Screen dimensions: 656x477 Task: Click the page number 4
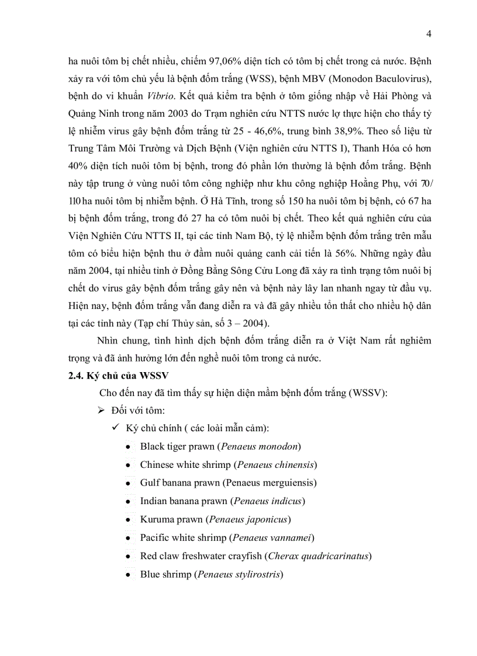pyautogui.click(x=429, y=34)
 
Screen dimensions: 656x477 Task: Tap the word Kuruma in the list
pyautogui.click(x=156, y=519)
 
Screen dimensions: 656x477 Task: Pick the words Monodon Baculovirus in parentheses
pyautogui.click(x=382, y=77)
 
